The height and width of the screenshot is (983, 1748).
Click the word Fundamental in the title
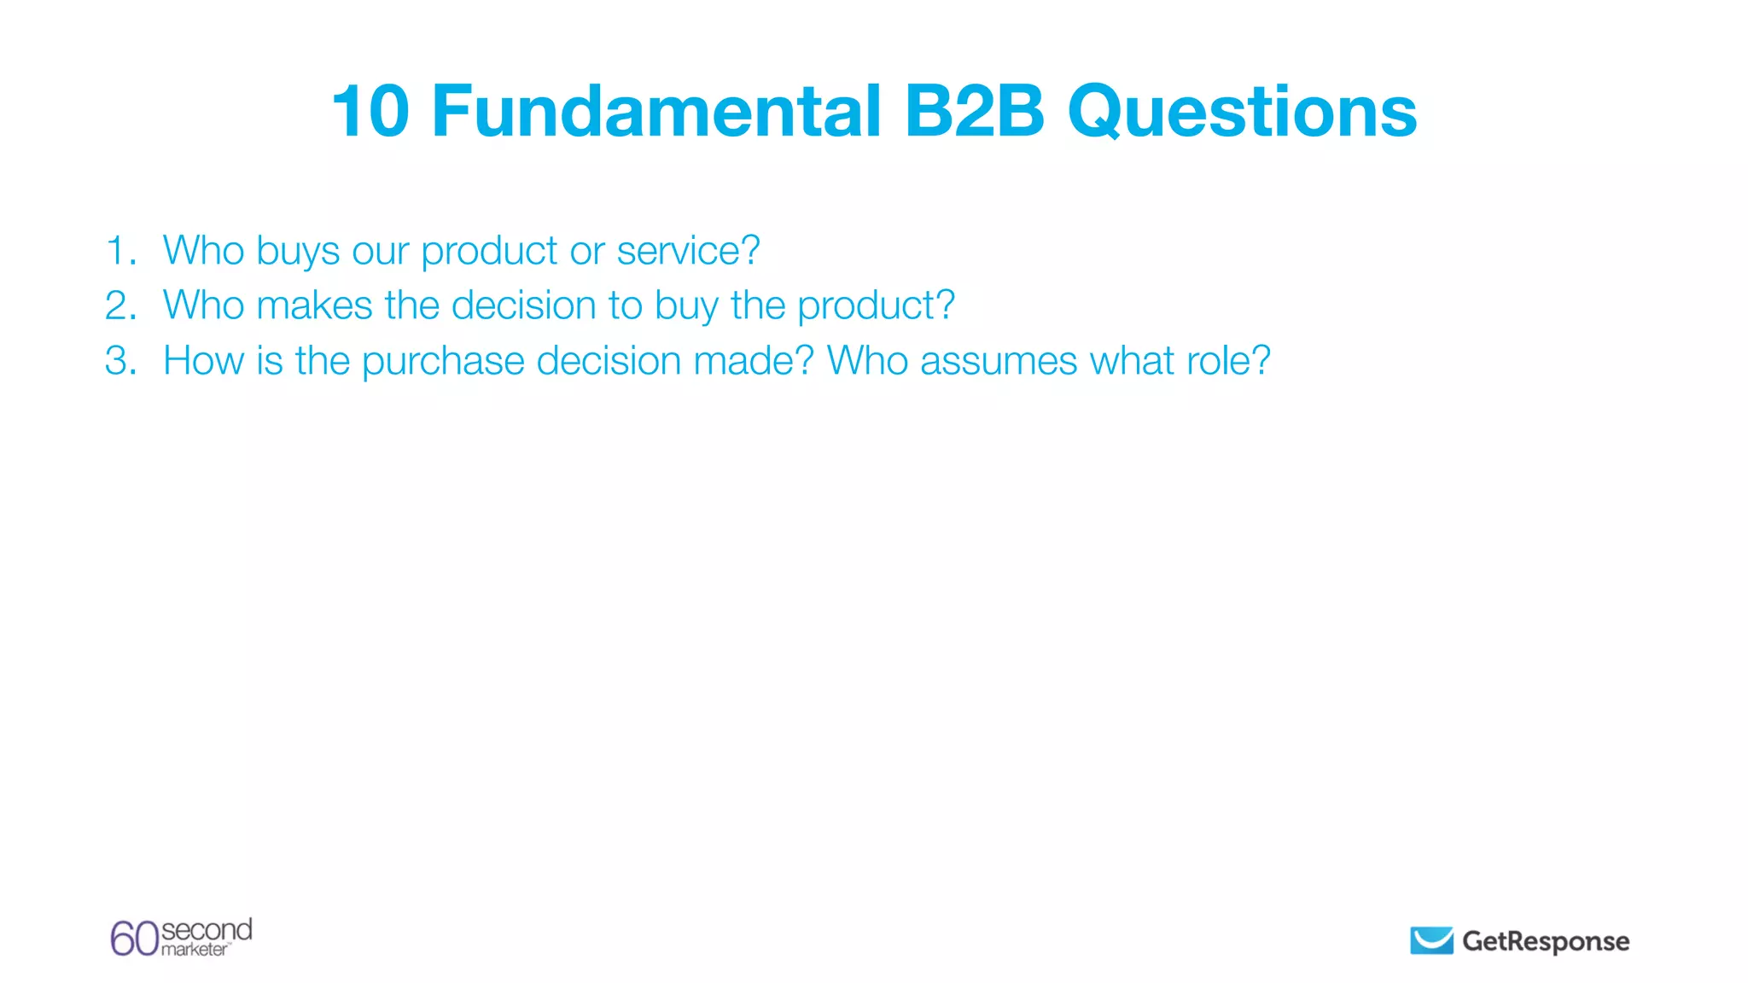click(x=656, y=112)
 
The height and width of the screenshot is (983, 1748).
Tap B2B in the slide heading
click(x=974, y=112)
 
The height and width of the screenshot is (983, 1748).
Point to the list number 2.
click(x=119, y=305)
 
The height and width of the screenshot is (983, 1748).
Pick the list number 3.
click(x=119, y=361)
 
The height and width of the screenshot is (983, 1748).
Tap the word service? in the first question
click(x=688, y=251)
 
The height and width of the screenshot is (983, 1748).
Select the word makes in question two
click(x=314, y=305)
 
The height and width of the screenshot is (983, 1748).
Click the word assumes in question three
click(x=998, y=361)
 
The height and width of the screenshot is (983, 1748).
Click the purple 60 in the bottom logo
click(x=134, y=939)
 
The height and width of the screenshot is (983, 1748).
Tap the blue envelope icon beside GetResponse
click(x=1431, y=940)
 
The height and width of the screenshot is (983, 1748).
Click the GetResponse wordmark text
click(x=1546, y=941)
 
